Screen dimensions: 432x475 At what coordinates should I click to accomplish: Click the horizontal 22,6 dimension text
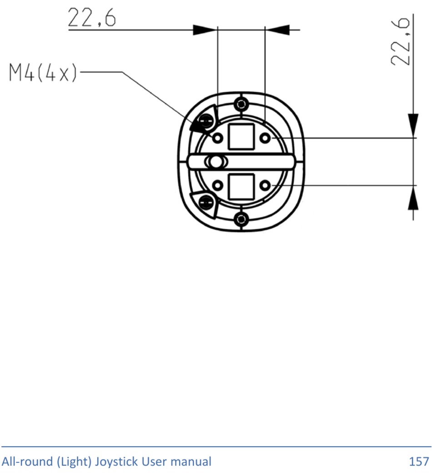(x=91, y=17)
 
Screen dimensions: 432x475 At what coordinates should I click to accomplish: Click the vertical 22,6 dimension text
(x=401, y=42)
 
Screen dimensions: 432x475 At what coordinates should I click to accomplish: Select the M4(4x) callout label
(x=43, y=72)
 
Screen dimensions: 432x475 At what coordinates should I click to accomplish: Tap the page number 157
(x=419, y=461)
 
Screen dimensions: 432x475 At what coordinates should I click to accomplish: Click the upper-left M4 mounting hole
(x=217, y=138)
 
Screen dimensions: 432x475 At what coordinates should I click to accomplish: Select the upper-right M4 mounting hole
(x=265, y=138)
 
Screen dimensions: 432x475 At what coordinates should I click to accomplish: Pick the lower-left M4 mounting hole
(x=217, y=185)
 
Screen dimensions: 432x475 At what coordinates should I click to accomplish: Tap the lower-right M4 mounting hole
(x=265, y=185)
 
